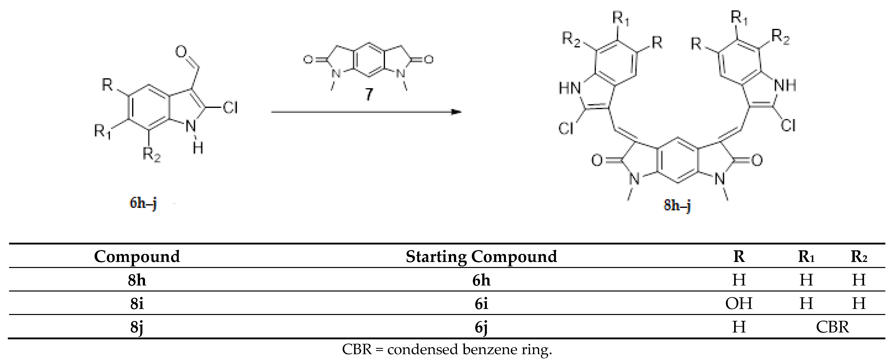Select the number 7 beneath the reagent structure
click(x=369, y=94)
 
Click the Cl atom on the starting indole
click(x=230, y=108)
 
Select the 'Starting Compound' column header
click(x=481, y=257)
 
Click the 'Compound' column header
click(x=137, y=257)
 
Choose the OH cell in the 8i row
click(x=739, y=304)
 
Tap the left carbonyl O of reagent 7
click(x=308, y=60)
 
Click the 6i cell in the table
click(x=481, y=304)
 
